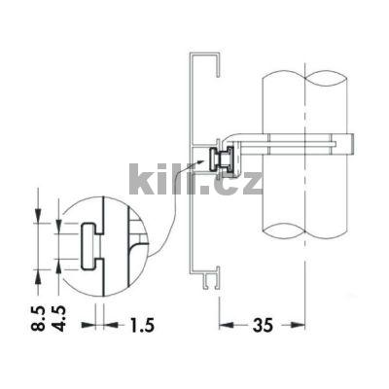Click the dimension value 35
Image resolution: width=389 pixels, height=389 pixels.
click(263, 325)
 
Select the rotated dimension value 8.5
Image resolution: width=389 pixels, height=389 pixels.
click(39, 319)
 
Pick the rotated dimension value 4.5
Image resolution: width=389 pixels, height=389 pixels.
click(59, 319)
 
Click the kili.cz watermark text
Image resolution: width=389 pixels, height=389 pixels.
click(195, 179)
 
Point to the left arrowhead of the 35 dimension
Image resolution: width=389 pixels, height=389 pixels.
click(226, 325)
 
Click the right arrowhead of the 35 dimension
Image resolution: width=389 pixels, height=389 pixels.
click(298, 325)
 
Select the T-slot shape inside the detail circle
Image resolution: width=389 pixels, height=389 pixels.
click(91, 246)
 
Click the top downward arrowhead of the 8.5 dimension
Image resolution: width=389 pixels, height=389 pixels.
click(38, 216)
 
